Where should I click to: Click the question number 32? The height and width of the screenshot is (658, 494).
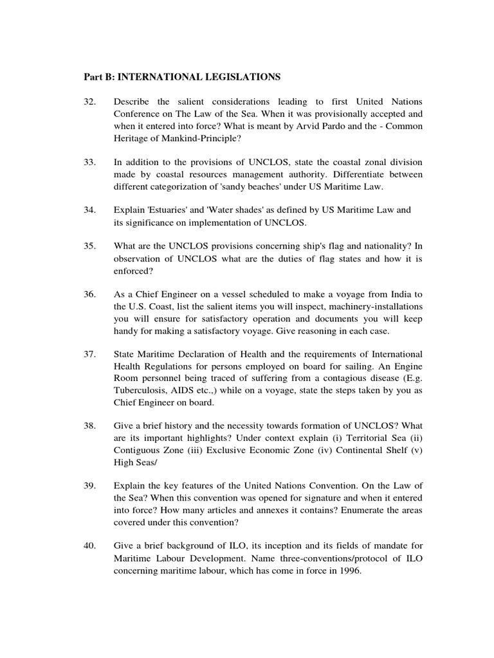coord(90,102)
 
